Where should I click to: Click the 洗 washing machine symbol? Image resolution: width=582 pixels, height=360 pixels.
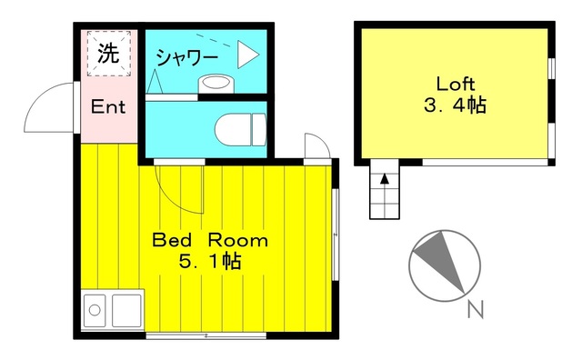point(108,54)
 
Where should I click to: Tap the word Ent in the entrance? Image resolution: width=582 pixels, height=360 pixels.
point(108,107)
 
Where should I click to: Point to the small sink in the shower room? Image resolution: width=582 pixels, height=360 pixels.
point(216,82)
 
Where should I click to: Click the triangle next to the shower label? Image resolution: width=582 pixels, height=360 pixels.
point(247,56)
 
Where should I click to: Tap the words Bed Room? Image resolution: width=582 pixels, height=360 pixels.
point(209,241)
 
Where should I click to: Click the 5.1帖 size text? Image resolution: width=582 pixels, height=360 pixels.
point(209,263)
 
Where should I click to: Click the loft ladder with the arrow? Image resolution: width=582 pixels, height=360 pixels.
point(384,191)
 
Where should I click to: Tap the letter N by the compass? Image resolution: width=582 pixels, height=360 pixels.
point(474,310)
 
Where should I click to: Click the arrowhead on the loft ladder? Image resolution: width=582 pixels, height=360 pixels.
point(384,177)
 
